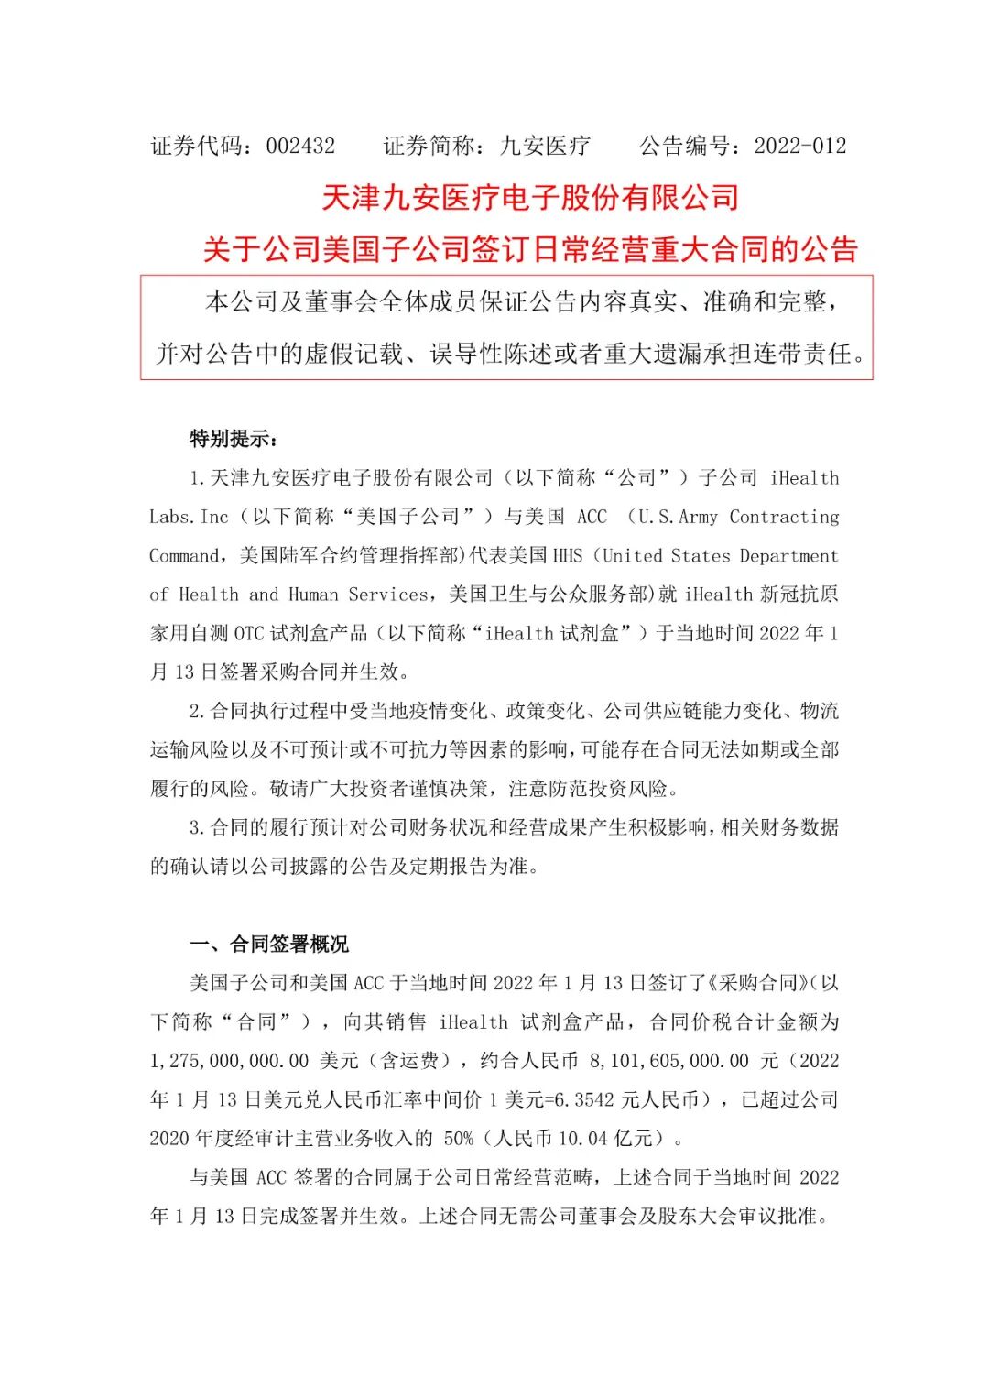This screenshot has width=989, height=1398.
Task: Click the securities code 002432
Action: (300, 146)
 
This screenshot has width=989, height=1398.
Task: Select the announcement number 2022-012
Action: (800, 146)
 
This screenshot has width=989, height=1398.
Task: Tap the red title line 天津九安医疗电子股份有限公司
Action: (530, 197)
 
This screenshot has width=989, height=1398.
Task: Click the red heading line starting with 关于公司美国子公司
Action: (530, 249)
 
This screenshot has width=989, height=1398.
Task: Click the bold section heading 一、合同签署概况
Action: (269, 945)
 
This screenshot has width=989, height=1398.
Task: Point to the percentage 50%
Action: (459, 1139)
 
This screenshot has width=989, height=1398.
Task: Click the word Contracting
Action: (784, 517)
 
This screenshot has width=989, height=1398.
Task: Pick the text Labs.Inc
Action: (189, 517)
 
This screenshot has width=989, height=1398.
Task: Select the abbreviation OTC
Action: (249, 633)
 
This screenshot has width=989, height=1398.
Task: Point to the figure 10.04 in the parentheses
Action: (582, 1139)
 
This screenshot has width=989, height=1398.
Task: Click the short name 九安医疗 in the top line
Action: (546, 146)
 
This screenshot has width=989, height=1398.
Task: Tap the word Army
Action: (698, 517)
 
